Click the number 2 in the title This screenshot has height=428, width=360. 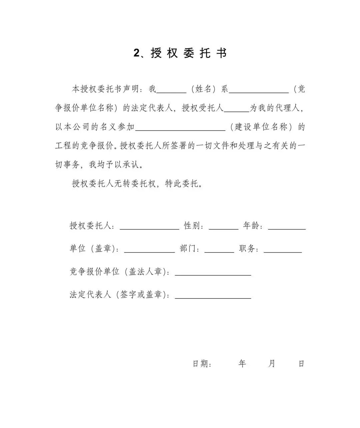pos(136,53)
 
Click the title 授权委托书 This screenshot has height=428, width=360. pos(189,53)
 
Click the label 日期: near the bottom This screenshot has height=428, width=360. pos(202,364)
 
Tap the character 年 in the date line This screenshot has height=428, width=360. pos(242,364)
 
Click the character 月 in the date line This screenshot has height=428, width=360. pos(272,364)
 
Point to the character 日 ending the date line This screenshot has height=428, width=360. pos(301,364)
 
